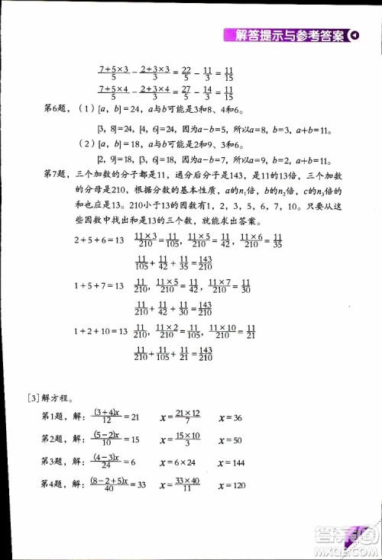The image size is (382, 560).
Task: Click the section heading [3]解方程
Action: [x=50, y=397]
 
